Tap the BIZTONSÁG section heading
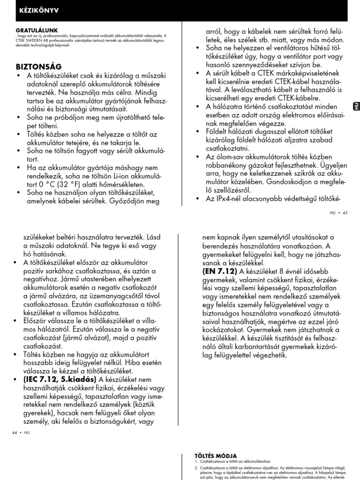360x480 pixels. pyautogui.click(x=39, y=66)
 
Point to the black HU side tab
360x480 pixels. pyautogui.click(x=356, y=106)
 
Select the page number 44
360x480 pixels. pyautogui.click(x=15, y=432)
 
